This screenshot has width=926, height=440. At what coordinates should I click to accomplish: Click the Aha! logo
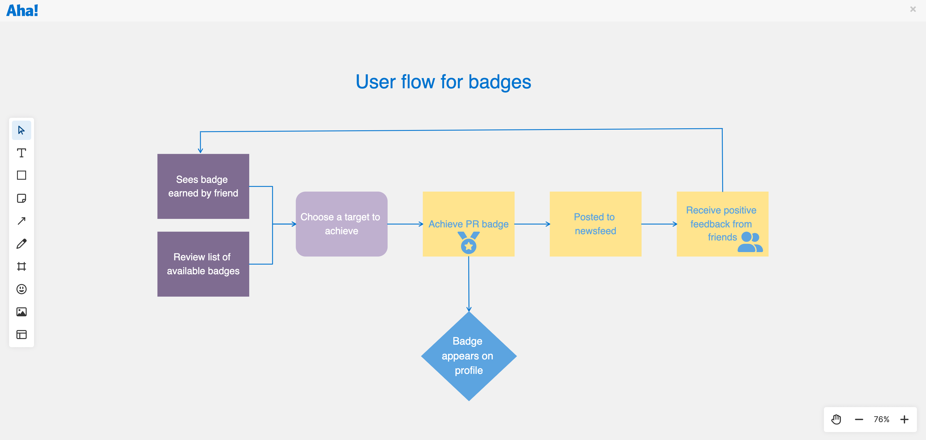22,11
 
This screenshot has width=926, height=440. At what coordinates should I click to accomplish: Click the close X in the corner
913,9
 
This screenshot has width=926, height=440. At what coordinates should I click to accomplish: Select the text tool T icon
22,153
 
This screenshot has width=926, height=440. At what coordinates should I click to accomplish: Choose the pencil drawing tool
22,244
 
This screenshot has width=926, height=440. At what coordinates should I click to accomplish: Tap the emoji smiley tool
22,289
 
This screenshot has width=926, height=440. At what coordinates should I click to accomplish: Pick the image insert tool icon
22,312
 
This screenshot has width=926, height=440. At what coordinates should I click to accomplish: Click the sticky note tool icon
22,198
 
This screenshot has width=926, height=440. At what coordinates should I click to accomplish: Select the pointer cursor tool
22,130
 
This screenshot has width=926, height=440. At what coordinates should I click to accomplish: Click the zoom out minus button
859,420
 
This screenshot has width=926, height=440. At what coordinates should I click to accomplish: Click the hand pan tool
836,420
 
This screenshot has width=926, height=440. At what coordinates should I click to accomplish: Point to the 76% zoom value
881,420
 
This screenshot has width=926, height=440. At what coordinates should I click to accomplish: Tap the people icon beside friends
750,242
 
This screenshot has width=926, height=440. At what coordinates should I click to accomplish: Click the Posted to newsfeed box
595,224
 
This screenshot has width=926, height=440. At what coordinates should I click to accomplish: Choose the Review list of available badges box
203,264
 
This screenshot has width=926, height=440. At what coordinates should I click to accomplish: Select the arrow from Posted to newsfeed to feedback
659,224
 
